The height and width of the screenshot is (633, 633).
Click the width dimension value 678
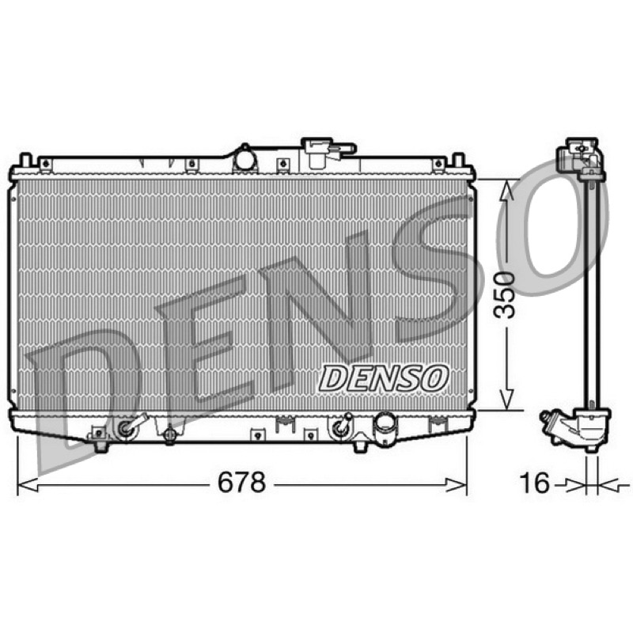(241, 482)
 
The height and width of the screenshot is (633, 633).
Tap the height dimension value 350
(506, 295)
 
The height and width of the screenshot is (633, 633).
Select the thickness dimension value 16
(535, 483)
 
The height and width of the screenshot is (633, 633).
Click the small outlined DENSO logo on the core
(384, 378)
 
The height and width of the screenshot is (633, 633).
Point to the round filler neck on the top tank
(244, 158)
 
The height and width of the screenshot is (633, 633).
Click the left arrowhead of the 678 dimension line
(28, 484)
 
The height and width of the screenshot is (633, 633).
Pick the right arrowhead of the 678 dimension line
(457, 484)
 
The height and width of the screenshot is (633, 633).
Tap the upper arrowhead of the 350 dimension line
(506, 190)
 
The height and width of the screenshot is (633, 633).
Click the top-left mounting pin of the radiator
(25, 160)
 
